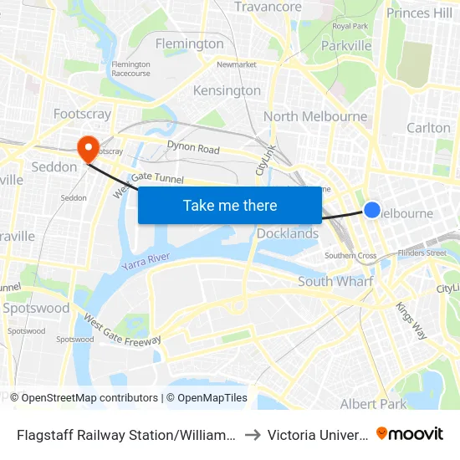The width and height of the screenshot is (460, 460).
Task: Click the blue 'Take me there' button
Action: (x=229, y=205)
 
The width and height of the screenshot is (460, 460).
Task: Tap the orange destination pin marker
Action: (x=87, y=148)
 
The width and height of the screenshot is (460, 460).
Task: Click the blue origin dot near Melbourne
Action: (x=372, y=210)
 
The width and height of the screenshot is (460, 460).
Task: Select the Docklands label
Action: (x=288, y=233)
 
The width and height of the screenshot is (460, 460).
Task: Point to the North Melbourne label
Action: (x=315, y=116)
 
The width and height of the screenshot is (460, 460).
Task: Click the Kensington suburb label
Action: (x=227, y=90)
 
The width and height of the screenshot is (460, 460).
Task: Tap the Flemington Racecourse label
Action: (x=130, y=68)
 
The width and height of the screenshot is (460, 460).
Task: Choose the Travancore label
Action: (x=268, y=8)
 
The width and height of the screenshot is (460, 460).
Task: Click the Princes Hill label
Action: (x=419, y=13)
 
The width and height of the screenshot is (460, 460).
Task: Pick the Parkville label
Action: (x=346, y=46)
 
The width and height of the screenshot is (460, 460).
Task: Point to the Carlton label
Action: (x=428, y=127)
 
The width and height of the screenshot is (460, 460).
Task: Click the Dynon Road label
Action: (x=193, y=149)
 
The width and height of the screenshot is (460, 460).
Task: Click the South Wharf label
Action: (x=335, y=282)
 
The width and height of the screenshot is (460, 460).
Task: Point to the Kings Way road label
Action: (x=411, y=320)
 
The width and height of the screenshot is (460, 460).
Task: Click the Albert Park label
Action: (x=373, y=404)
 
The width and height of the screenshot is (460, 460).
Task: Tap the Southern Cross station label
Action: (x=350, y=255)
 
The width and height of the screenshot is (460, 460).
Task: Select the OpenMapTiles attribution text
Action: (x=207, y=398)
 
